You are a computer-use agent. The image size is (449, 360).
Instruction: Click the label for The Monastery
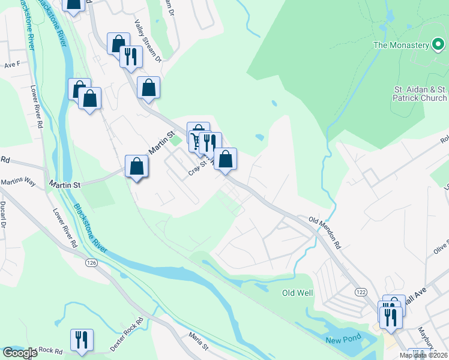(x=401, y=45)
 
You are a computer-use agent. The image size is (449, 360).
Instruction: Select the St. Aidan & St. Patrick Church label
(x=420, y=94)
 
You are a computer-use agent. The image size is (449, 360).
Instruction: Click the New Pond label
(x=342, y=340)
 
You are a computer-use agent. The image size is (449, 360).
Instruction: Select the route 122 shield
(x=360, y=291)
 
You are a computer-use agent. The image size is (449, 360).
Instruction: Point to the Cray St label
(x=197, y=170)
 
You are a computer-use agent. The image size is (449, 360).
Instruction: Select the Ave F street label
(x=12, y=64)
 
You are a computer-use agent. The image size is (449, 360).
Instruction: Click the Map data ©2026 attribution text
(x=424, y=355)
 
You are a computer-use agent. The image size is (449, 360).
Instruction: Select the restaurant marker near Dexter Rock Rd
(x=81, y=339)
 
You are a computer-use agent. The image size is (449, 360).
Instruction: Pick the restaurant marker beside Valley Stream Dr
(x=130, y=57)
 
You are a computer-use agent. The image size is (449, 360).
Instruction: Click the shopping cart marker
(x=196, y=142)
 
